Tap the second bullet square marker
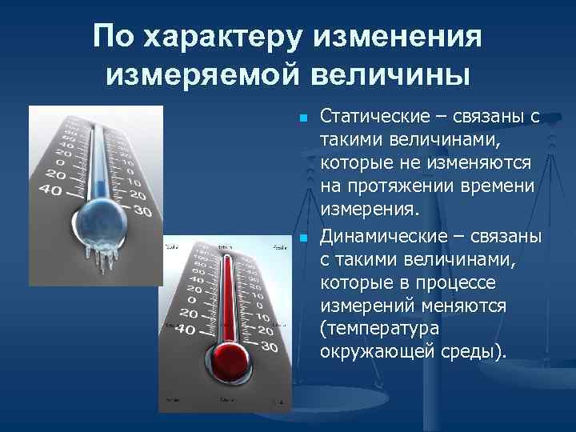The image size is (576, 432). (x=302, y=239)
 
